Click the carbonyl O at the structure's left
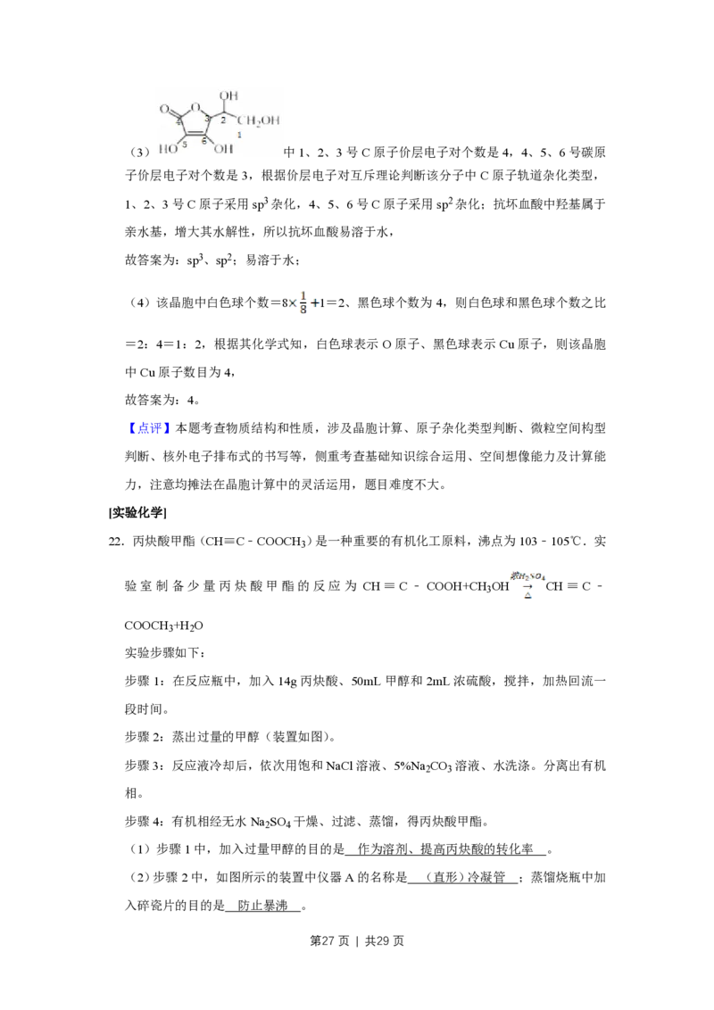(x=164, y=111)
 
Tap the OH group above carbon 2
(x=228, y=95)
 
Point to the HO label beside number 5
(x=168, y=149)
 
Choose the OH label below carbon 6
(x=211, y=149)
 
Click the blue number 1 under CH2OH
(x=239, y=134)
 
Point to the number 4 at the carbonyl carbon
(x=179, y=122)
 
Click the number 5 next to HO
(x=184, y=145)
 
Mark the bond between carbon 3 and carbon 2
(x=218, y=113)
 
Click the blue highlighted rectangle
(x=149, y=428)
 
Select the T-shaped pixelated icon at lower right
(x=528, y=581)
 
